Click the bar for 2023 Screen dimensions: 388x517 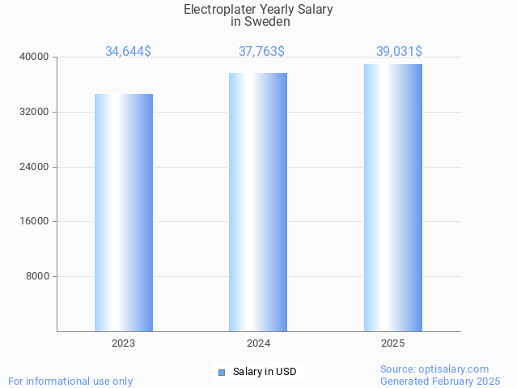(x=124, y=212)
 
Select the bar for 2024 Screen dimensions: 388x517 (x=258, y=202)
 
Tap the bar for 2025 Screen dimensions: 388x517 (x=393, y=198)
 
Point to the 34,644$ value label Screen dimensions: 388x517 (x=128, y=52)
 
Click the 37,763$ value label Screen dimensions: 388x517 (x=261, y=52)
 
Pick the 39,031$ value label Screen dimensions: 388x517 (x=399, y=52)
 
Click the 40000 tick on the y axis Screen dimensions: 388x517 (x=36, y=57)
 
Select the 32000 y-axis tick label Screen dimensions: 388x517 (x=36, y=112)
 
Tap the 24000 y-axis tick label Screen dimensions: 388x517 (x=36, y=167)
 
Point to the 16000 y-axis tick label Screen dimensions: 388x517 (x=36, y=221)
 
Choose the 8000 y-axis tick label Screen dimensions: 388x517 (x=38, y=276)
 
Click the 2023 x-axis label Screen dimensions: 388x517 (x=124, y=343)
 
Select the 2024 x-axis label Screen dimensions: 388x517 (x=258, y=343)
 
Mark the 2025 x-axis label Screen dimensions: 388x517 (x=393, y=343)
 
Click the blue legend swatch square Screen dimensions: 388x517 (x=222, y=373)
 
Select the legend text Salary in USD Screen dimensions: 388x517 (x=265, y=373)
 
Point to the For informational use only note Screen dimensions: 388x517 (x=70, y=381)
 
